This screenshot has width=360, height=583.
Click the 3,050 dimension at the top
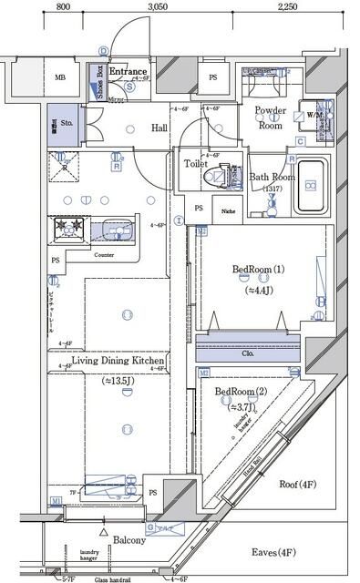point(158,6)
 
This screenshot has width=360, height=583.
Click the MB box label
point(60,78)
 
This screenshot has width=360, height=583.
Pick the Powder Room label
point(271,118)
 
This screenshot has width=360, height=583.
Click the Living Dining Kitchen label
point(118,362)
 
